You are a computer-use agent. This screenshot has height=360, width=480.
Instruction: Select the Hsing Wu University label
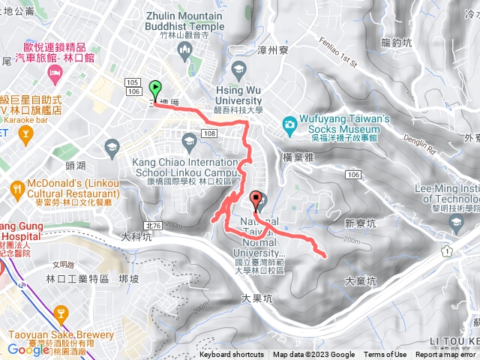[x=239, y=94]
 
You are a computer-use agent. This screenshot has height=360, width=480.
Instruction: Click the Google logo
[x=28, y=349]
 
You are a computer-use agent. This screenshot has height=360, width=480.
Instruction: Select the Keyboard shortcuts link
[x=231, y=355]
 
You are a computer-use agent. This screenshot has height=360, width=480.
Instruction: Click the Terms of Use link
[x=385, y=355]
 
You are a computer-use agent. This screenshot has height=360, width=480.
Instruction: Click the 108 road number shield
[x=209, y=133]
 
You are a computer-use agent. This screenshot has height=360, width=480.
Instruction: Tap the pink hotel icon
[x=54, y=71]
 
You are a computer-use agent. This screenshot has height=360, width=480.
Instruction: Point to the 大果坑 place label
[x=258, y=297]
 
